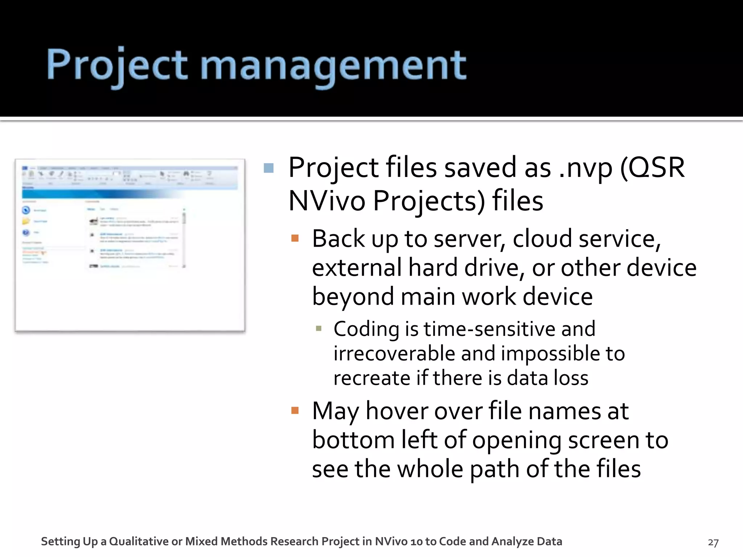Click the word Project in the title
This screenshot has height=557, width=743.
click(x=117, y=65)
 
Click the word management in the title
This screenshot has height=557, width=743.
click(x=333, y=65)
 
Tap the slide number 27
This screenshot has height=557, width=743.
click(x=713, y=542)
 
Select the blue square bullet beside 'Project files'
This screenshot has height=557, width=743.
click(x=268, y=168)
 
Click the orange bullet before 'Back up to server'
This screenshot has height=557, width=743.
click(x=295, y=238)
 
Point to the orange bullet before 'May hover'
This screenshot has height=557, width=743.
click(x=295, y=410)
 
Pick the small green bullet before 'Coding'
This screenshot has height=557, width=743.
click(x=319, y=329)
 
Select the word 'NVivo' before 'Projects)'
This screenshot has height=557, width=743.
click(x=327, y=201)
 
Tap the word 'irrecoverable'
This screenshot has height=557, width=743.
click(x=394, y=354)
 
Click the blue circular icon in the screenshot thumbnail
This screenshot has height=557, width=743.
click(x=26, y=210)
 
